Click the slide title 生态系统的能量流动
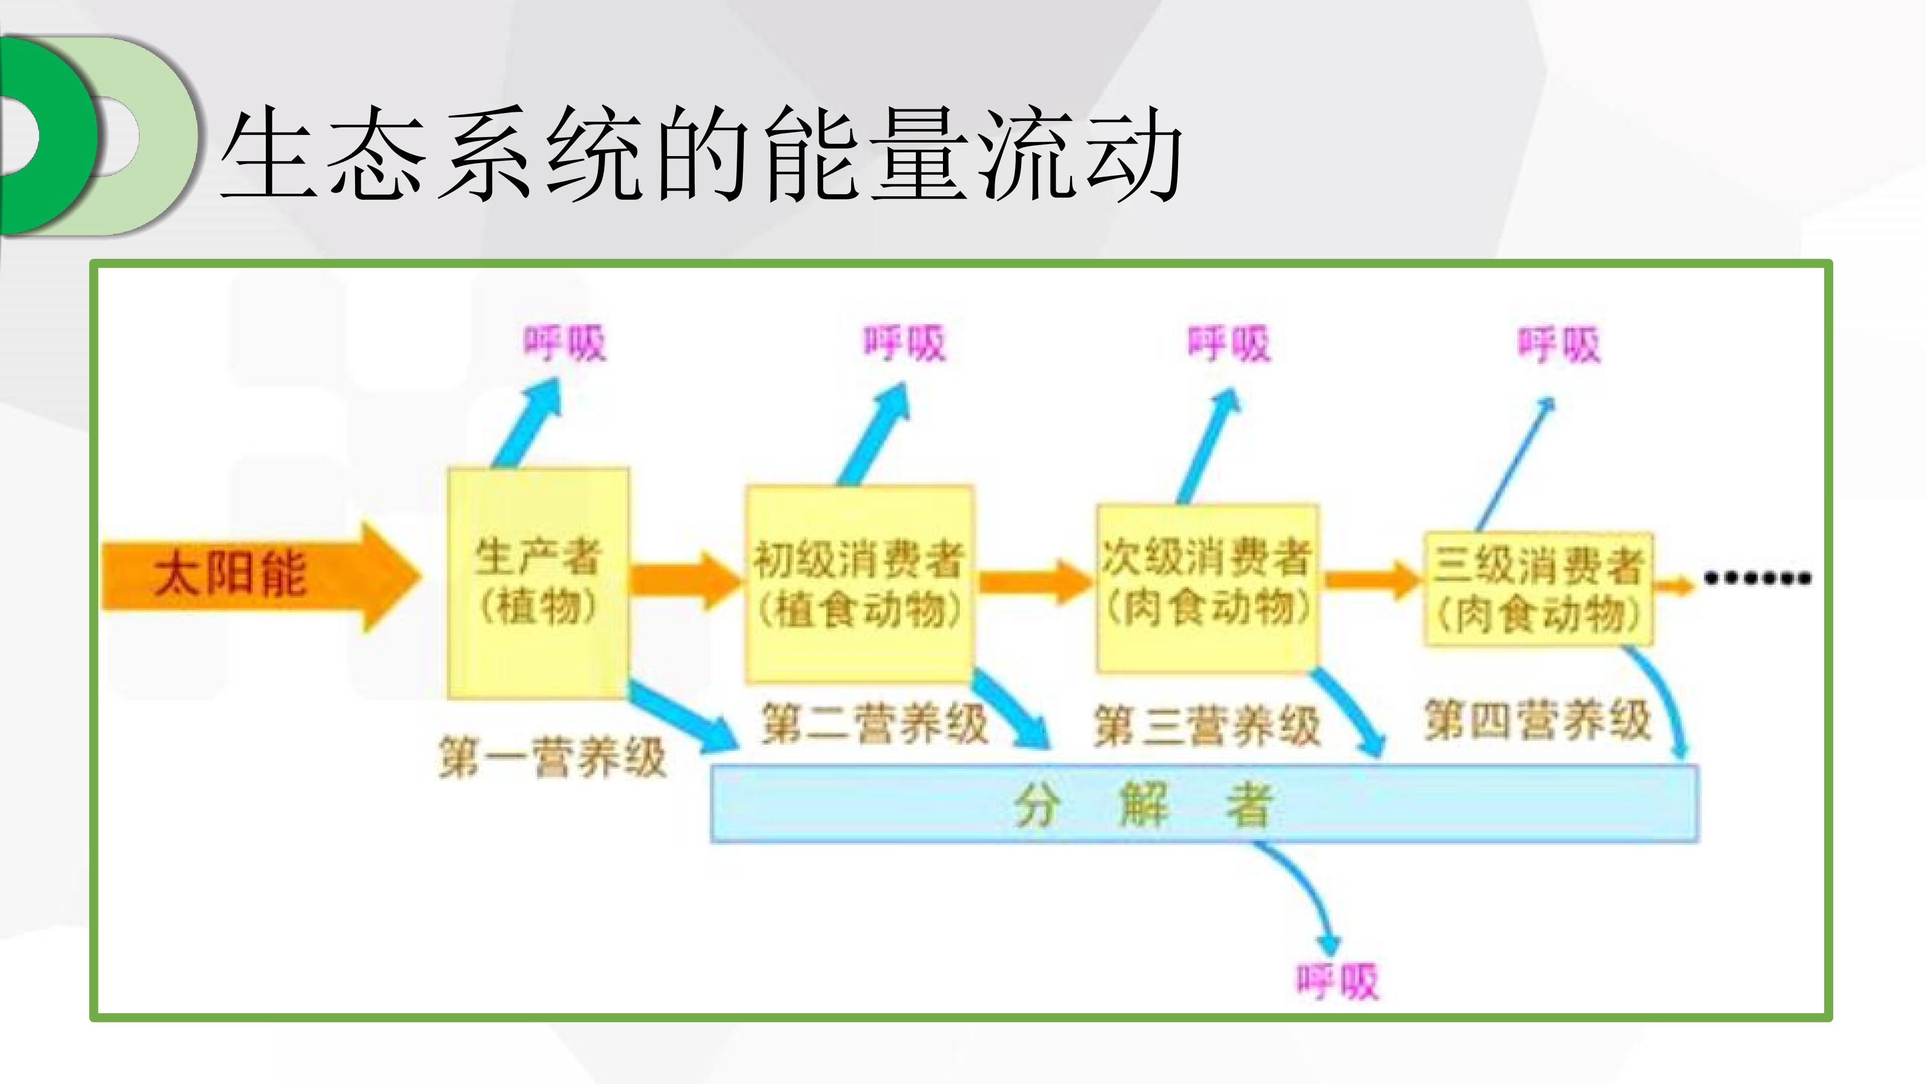(701, 154)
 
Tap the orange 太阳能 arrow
(262, 576)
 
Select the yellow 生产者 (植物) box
(538, 584)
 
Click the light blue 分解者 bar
(1204, 803)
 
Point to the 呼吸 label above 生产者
(564, 343)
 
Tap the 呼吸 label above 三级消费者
(1559, 345)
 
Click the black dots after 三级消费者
(1757, 578)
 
